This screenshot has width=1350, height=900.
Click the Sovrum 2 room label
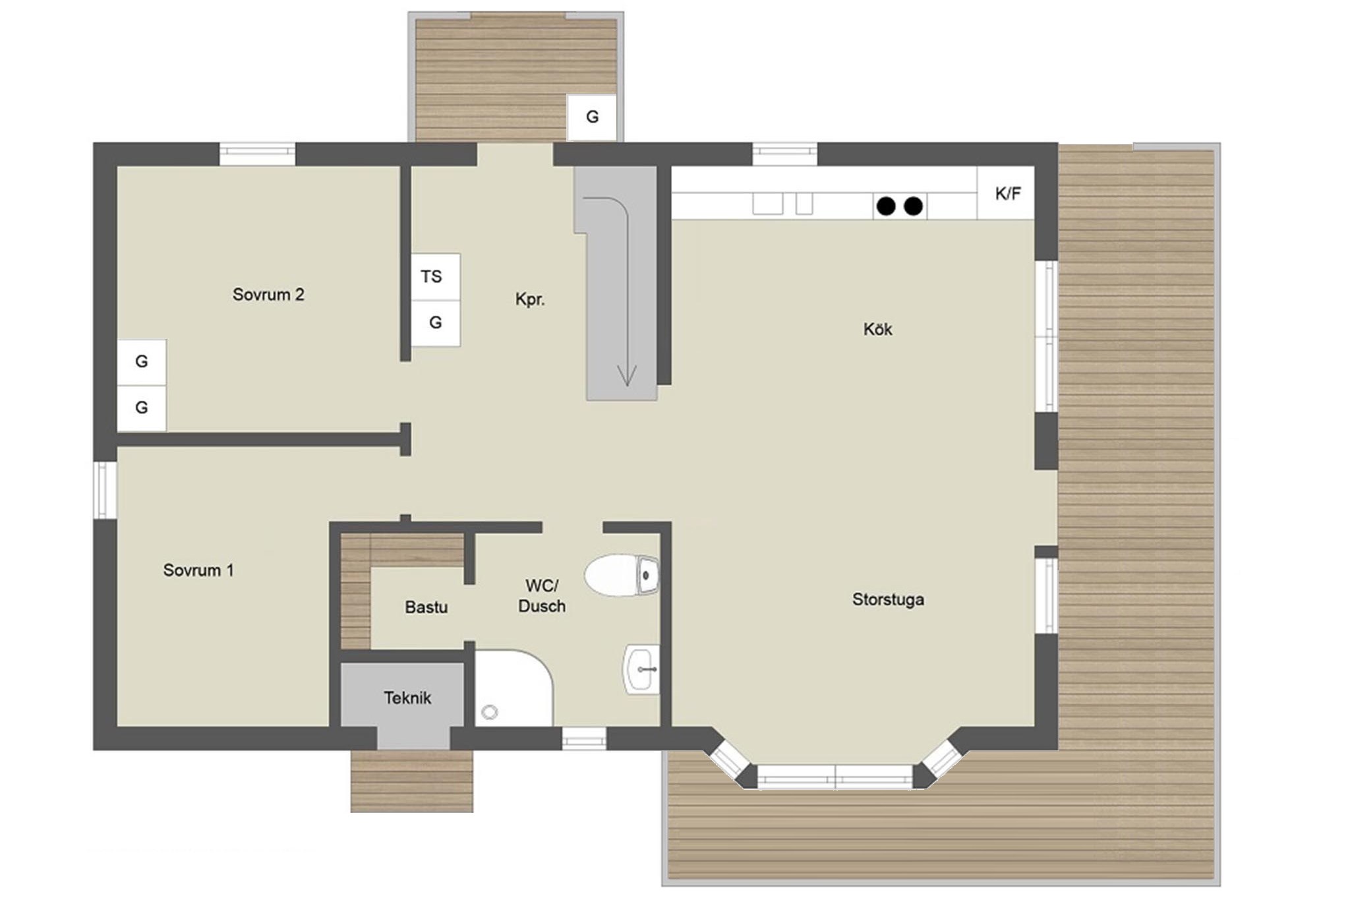click(268, 295)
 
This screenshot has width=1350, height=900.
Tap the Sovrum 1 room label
click(198, 570)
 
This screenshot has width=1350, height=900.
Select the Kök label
click(877, 329)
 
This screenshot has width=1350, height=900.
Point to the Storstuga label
click(888, 600)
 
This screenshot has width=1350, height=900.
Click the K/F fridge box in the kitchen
click(1006, 193)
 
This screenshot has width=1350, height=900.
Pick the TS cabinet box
click(436, 277)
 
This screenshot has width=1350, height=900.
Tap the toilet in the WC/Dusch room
click(622, 575)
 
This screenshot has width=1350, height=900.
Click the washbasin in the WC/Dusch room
click(641, 669)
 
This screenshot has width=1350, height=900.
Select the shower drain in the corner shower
click(490, 712)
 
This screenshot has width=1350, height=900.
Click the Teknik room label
click(407, 698)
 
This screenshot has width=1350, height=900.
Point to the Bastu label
click(426, 607)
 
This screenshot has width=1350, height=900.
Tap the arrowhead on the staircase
click(626, 376)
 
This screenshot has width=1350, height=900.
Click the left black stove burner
click(886, 206)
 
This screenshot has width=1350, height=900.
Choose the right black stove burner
click(913, 206)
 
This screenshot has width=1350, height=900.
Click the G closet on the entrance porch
click(592, 117)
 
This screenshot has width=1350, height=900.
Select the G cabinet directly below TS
click(436, 323)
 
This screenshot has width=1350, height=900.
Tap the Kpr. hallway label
click(530, 299)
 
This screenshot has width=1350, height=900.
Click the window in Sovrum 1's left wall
click(104, 490)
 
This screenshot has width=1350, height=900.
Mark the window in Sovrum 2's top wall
click(257, 154)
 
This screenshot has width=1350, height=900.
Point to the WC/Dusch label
click(542, 596)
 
